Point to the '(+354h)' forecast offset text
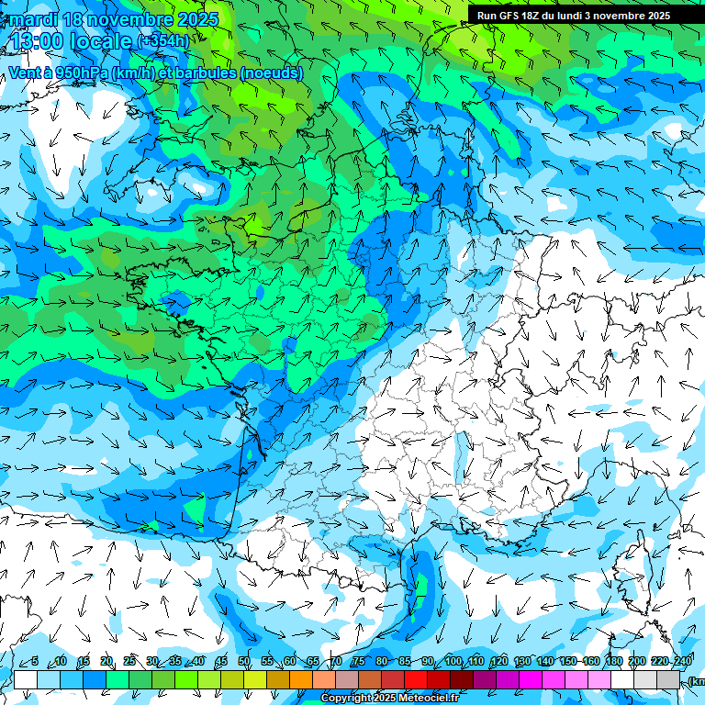coord(163,41)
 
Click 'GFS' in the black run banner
coord(509,16)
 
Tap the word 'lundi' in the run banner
coord(567,16)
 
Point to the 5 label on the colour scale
coord(34,662)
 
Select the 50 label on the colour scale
coord(244,662)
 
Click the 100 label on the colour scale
coord(453,662)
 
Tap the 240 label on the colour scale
coord(683,662)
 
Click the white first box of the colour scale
coord(26,679)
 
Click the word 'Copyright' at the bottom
coord(347,699)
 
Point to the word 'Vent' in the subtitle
coord(25,73)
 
